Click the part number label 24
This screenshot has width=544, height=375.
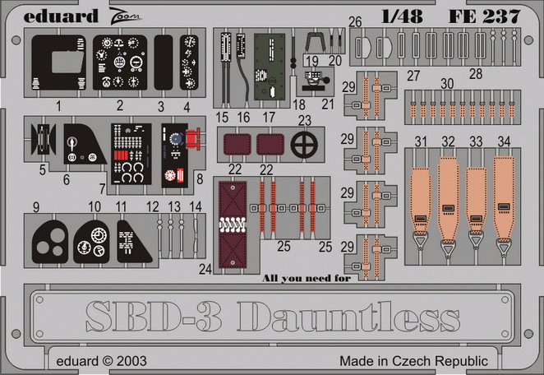tap(205, 268)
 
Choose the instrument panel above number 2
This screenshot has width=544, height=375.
tap(121, 61)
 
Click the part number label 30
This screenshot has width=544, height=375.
tap(446, 84)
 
